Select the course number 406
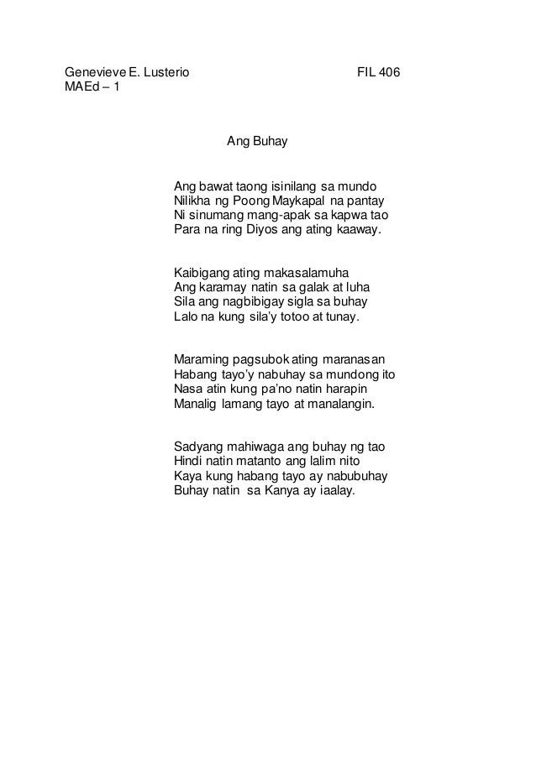click(x=389, y=72)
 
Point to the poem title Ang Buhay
click(x=257, y=143)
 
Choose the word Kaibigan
click(x=199, y=274)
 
